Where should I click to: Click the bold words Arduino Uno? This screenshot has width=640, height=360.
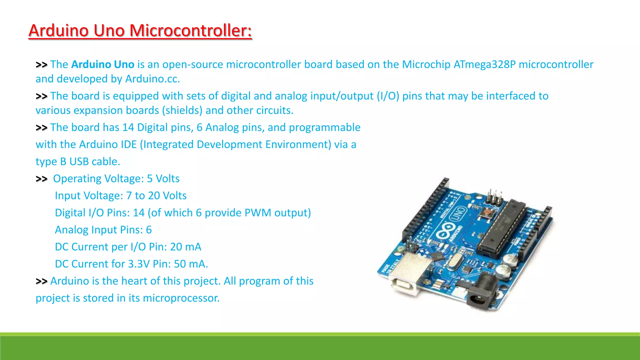(103, 64)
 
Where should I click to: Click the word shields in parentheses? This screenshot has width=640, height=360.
(182, 110)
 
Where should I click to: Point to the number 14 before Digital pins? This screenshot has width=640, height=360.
(128, 127)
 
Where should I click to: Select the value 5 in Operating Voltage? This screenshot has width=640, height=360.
(150, 178)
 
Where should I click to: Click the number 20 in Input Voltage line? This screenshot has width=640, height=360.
(154, 196)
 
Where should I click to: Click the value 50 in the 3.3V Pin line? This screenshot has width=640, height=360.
(180, 264)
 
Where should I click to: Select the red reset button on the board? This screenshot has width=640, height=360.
(487, 214)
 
